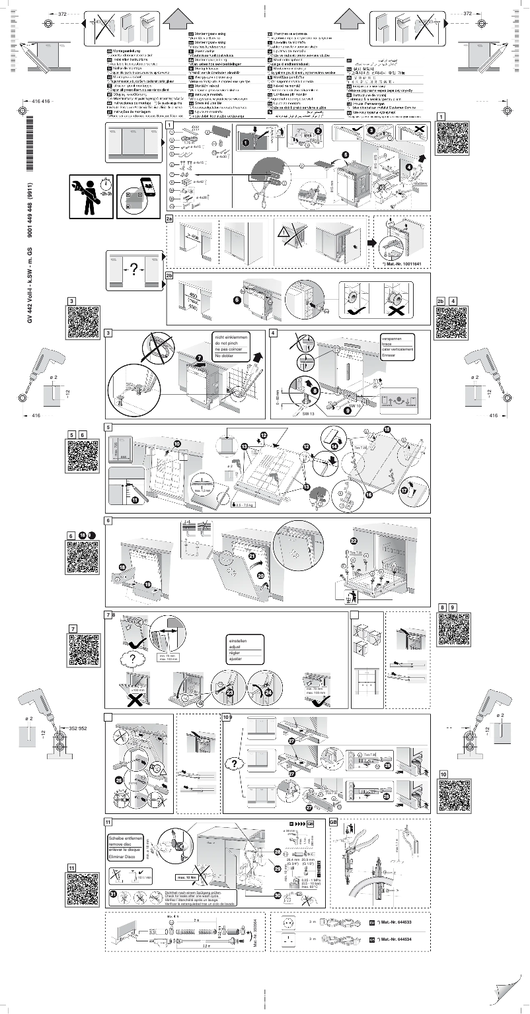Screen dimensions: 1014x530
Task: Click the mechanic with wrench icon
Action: point(91,196)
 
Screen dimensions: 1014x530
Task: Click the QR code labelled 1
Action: point(453,137)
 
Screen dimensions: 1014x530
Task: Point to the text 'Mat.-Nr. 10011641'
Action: point(401,263)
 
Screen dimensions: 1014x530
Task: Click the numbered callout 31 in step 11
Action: point(113,894)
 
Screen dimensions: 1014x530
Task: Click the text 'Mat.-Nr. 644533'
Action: point(400,921)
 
